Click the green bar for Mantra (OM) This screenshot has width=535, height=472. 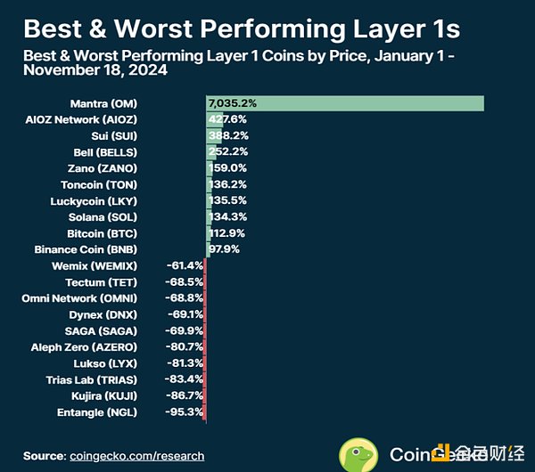pyautogui.click(x=344, y=103)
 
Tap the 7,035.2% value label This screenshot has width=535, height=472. pyautogui.click(x=232, y=103)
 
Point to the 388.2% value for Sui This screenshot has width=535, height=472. pyautogui.click(x=228, y=136)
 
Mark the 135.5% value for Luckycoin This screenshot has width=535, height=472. pyautogui.click(x=226, y=200)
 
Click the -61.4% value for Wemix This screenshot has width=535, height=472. pyautogui.click(x=185, y=265)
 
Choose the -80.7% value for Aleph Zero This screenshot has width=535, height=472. pyautogui.click(x=185, y=346)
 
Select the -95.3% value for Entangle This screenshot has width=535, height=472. pyautogui.click(x=185, y=411)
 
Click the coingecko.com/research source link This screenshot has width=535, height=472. pyautogui.click(x=136, y=456)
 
